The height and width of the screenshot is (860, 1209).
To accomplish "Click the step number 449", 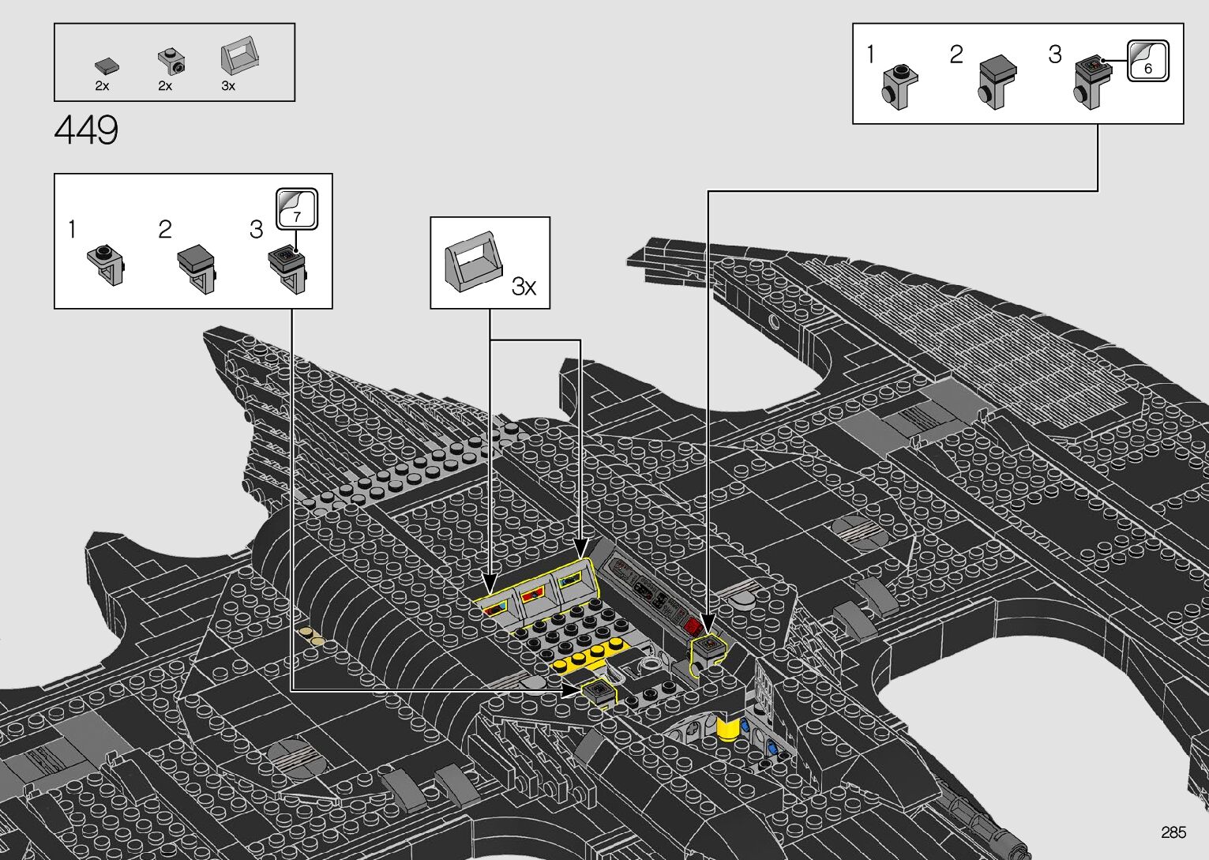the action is (86, 130).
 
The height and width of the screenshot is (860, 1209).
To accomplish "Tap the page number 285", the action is (1173, 832).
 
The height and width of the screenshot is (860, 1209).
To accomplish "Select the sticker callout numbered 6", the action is (1147, 60).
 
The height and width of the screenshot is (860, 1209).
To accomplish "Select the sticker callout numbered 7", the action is (296, 208).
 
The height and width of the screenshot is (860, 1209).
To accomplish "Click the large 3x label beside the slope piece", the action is (524, 286).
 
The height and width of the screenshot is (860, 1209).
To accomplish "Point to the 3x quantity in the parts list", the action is (228, 86).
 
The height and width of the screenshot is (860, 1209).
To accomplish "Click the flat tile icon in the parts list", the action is (105, 65).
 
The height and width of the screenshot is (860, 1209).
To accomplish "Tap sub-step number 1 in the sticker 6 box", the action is (871, 54).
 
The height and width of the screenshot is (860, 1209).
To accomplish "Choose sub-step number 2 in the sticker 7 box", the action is (164, 230).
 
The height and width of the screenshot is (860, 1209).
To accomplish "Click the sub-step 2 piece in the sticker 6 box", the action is (997, 81).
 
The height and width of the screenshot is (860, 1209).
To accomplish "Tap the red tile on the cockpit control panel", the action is (693, 626).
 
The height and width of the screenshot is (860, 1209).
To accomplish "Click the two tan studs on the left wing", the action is (311, 635).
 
